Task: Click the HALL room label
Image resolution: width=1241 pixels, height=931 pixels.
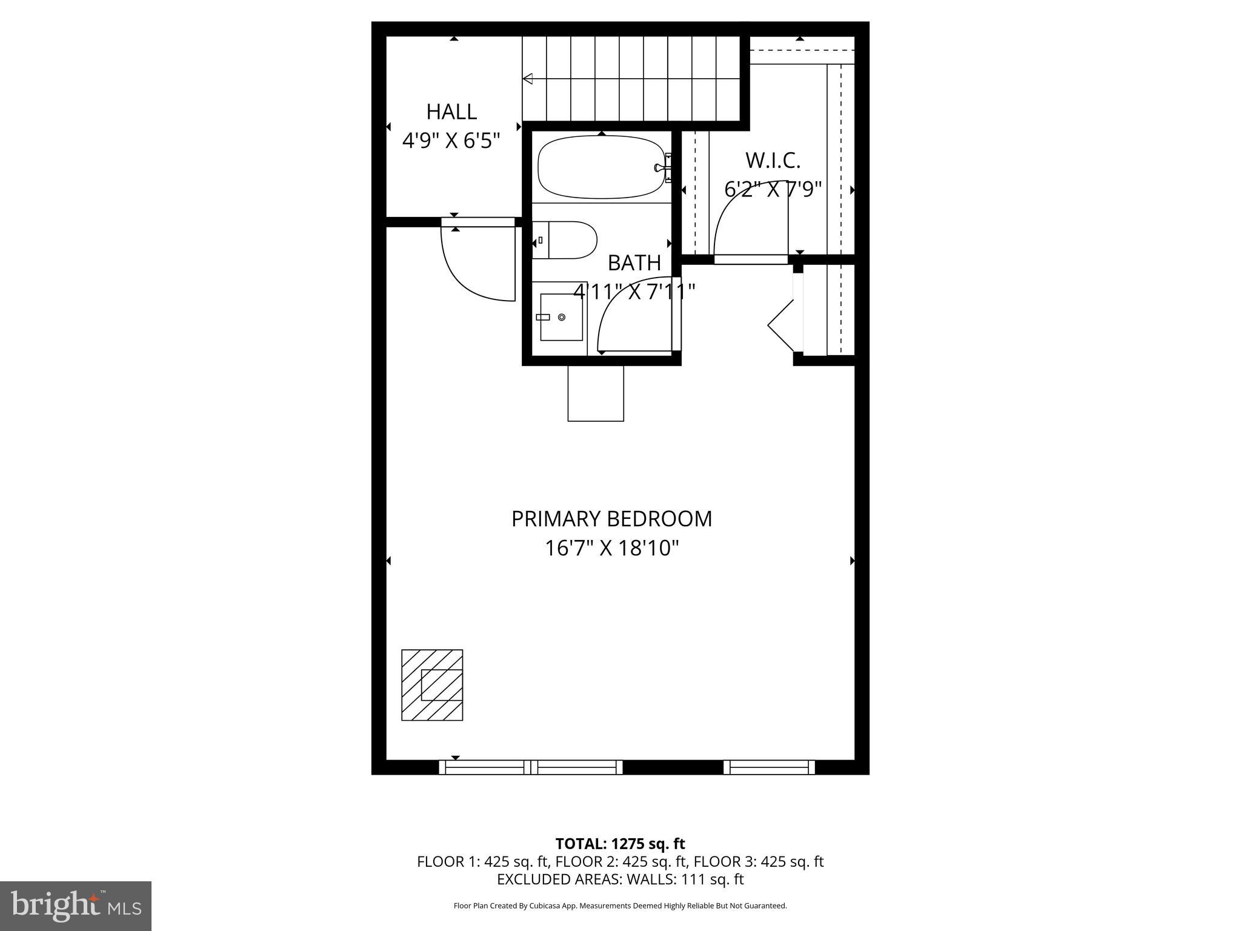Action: point(451,112)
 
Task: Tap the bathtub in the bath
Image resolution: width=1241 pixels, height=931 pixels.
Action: point(603,167)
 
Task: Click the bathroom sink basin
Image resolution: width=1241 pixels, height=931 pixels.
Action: point(561,317)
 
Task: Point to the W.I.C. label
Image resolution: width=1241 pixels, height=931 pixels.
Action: point(773,161)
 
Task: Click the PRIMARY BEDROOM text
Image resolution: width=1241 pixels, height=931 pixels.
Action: point(611,519)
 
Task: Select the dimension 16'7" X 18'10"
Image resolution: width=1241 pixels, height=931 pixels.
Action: point(611,549)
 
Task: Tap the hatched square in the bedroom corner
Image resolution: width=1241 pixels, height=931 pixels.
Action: point(432,685)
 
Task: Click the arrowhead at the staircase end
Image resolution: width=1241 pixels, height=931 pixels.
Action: point(528,78)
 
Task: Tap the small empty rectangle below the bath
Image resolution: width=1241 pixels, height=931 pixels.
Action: point(596,393)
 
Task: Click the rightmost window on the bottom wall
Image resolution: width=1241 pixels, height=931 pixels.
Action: point(769,767)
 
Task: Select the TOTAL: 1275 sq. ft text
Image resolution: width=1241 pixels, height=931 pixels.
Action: point(620,844)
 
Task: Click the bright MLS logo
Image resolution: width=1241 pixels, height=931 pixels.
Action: point(76,906)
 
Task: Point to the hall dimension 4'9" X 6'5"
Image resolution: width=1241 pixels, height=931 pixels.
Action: point(451,141)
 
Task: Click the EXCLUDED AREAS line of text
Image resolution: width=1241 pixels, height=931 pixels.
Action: point(620,879)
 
